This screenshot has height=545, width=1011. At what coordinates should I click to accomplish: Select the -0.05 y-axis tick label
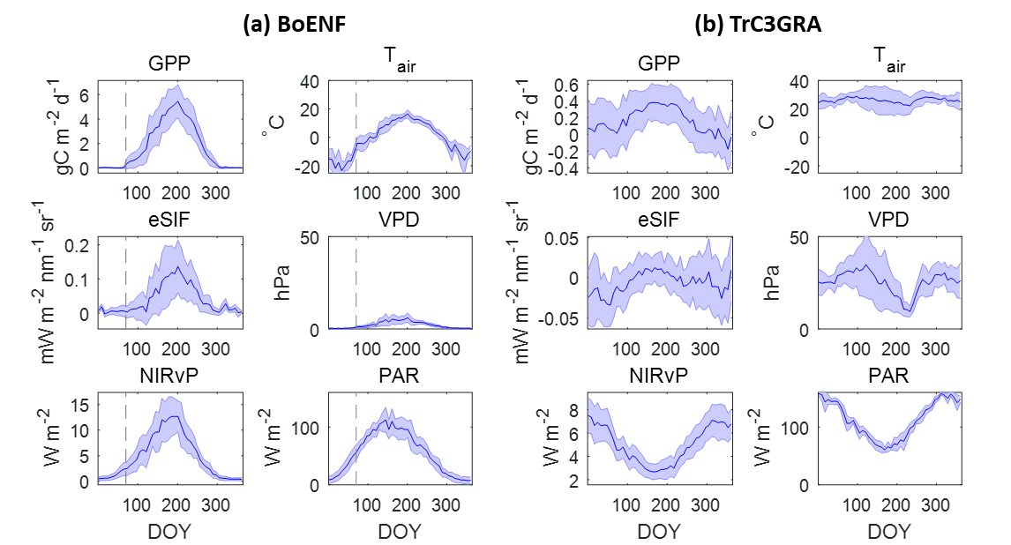(x=559, y=318)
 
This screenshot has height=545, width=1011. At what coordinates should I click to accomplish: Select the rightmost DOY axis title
(x=888, y=532)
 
